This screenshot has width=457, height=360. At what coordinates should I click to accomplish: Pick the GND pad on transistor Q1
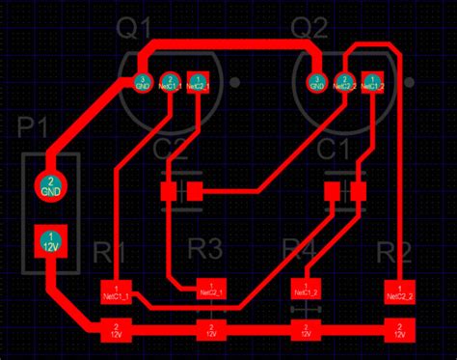(x=142, y=82)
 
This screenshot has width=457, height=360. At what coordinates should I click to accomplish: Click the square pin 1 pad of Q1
(x=197, y=82)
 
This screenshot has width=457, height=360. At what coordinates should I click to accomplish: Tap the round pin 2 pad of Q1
(x=169, y=82)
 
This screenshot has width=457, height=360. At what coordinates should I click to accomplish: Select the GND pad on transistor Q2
(x=315, y=82)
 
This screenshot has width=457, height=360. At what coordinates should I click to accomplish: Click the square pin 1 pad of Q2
(x=370, y=82)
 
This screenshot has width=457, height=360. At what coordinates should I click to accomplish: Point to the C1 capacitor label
(x=334, y=149)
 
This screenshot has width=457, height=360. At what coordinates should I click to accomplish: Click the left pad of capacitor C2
(x=169, y=192)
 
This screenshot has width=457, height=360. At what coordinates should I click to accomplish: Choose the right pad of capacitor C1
(x=360, y=192)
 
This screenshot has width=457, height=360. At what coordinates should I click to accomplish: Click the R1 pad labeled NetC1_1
(x=116, y=291)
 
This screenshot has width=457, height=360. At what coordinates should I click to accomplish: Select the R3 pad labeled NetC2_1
(x=209, y=291)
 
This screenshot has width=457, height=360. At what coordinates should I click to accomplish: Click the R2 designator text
(x=393, y=254)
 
